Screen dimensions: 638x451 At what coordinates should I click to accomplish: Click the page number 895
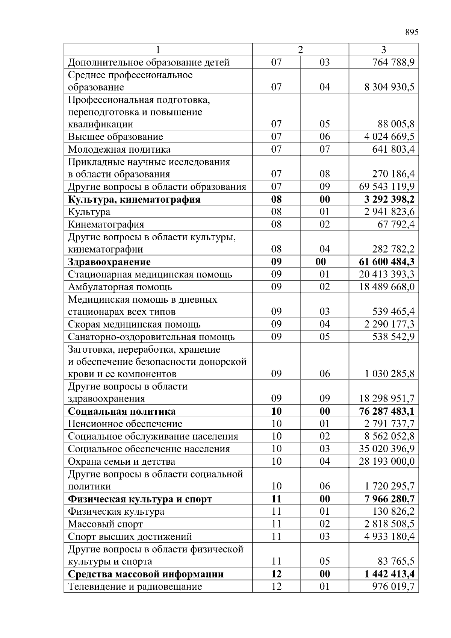click(x=412, y=32)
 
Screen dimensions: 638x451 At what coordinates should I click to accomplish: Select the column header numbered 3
click(x=383, y=50)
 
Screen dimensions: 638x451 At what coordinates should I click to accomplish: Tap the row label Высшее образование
click(x=115, y=136)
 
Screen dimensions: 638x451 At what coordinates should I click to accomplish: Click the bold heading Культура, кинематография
click(x=134, y=199)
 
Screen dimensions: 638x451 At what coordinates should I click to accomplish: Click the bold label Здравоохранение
click(x=109, y=262)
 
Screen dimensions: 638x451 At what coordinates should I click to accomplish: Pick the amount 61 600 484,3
click(x=387, y=262)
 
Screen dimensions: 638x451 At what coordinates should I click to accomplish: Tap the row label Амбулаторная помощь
click(x=120, y=287)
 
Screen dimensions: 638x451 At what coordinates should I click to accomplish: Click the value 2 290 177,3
click(x=389, y=324)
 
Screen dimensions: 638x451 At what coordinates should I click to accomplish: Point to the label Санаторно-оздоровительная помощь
click(x=151, y=337)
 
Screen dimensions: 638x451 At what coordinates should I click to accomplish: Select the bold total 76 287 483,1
click(x=387, y=411)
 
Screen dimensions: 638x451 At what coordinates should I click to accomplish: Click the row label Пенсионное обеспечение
click(x=125, y=424)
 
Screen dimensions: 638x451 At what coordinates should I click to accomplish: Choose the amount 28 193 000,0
click(x=387, y=461)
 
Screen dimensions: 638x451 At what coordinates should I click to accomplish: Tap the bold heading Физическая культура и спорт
click(x=140, y=499)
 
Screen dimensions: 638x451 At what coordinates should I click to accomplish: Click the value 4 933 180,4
click(x=389, y=536)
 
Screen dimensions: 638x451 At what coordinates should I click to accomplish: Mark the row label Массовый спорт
click(x=105, y=524)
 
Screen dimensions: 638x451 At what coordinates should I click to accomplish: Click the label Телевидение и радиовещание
click(x=135, y=586)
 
